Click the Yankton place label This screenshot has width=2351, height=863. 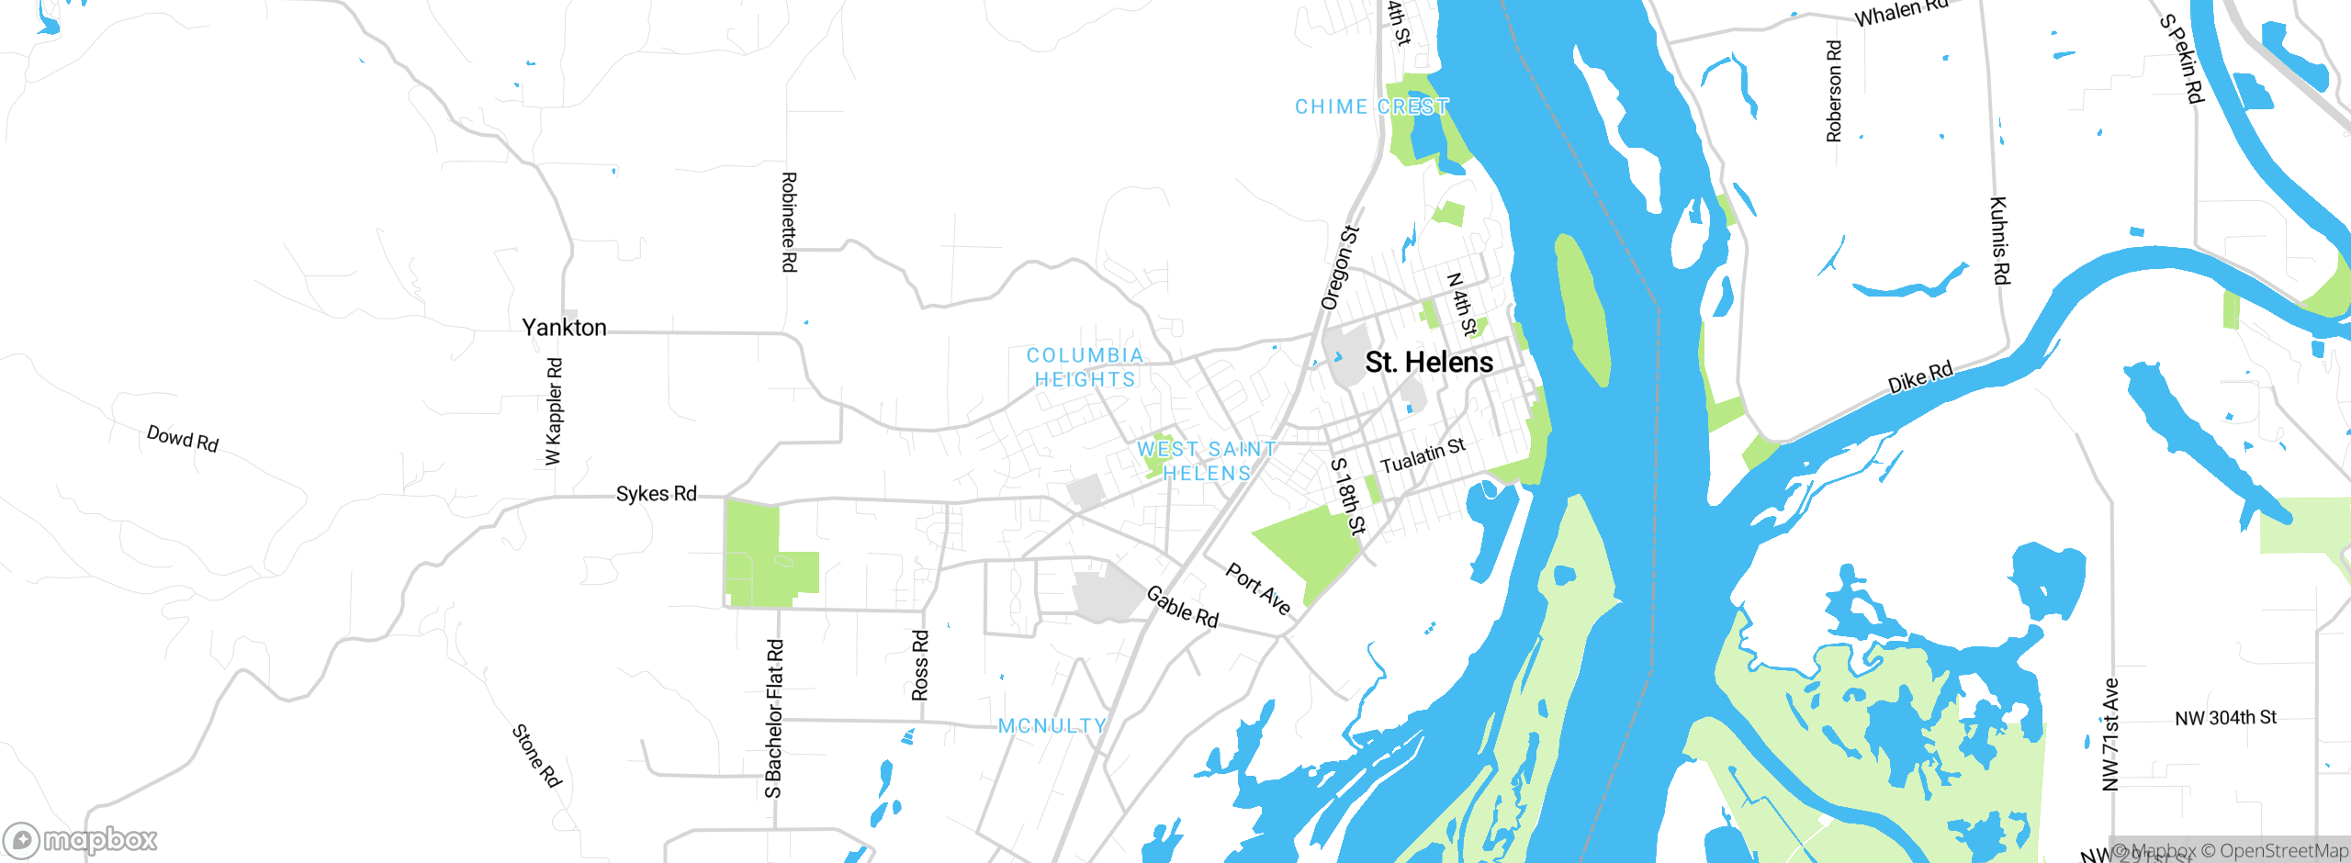click(x=564, y=328)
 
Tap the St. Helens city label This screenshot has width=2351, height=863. click(x=1429, y=363)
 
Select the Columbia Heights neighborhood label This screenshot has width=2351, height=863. click(x=1085, y=367)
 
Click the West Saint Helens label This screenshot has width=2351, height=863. click(x=1207, y=461)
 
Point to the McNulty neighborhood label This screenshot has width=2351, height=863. click(x=1052, y=726)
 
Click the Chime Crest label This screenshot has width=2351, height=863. click(x=1371, y=106)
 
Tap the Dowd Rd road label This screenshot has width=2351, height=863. click(x=183, y=438)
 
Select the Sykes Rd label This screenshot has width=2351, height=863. click(x=656, y=494)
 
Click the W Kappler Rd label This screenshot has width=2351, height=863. click(x=553, y=411)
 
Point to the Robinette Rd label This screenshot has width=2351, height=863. click(x=789, y=222)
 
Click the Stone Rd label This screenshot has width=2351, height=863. click(x=536, y=756)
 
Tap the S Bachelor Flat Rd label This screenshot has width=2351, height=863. click(x=774, y=719)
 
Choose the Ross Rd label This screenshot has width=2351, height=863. click(x=920, y=666)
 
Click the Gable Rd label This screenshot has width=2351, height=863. click(x=1182, y=608)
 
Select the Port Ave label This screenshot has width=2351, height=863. click(x=1258, y=588)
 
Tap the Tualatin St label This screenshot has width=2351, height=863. click(x=1423, y=455)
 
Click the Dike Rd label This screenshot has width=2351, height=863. click(x=1920, y=377)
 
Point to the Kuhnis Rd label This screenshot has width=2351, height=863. click(x=2000, y=241)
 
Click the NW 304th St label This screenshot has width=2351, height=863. click(x=2225, y=718)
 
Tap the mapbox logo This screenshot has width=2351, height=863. click(x=80, y=840)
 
